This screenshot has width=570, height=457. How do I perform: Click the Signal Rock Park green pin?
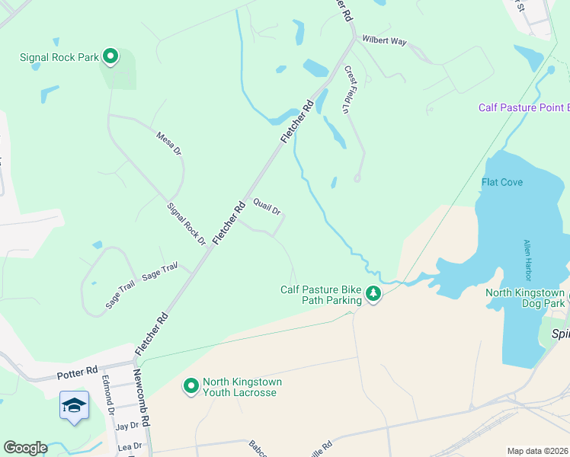coord(110,57)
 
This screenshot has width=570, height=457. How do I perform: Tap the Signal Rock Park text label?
coord(59,57)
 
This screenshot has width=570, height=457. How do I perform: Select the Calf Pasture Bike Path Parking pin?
coord(373,293)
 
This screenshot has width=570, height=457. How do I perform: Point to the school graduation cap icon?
coord(75,405)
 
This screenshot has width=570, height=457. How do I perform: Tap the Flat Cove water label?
coord(502,182)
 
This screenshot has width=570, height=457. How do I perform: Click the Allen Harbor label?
coord(527,260)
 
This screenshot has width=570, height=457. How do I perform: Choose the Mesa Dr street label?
coord(169,143)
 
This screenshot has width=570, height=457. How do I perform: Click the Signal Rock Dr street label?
coord(187,224)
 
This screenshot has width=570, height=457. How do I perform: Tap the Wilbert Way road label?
coord(384,40)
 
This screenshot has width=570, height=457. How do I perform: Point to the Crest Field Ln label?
coord(351,90)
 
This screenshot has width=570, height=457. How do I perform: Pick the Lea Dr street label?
coord(129,446)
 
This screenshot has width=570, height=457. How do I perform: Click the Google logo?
coord(25,448)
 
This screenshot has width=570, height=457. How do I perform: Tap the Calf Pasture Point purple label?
coord(524,107)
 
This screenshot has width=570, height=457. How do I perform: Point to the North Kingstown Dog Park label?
coord(526,299)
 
